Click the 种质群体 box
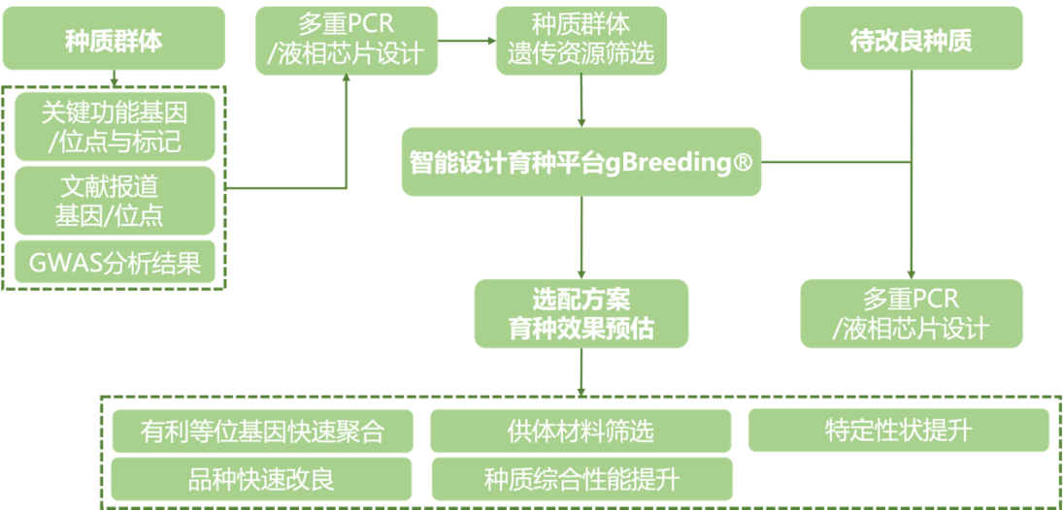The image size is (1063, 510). pos(114,40)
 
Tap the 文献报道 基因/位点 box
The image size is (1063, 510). pos(114,200)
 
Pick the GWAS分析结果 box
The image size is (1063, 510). pos(114,263)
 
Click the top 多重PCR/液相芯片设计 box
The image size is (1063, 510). pos(346,40)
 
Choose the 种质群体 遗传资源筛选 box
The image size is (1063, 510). pos(581,40)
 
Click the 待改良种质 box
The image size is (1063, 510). pos(911,40)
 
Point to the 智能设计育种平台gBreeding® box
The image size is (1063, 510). pos(581,162)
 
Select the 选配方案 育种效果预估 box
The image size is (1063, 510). pos(581,313)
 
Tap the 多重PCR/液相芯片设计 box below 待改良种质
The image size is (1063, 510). pos(911,313)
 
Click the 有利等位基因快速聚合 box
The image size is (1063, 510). pos(262,430)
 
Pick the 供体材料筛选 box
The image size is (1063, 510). pos(581,430)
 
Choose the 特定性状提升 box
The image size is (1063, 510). pos(898,430)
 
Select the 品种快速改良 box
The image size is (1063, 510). pos(262,478)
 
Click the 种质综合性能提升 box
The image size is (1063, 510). pos(581,478)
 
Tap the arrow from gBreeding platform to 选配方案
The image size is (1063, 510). pos(581,238)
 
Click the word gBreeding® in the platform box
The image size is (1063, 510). pos(679,162)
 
